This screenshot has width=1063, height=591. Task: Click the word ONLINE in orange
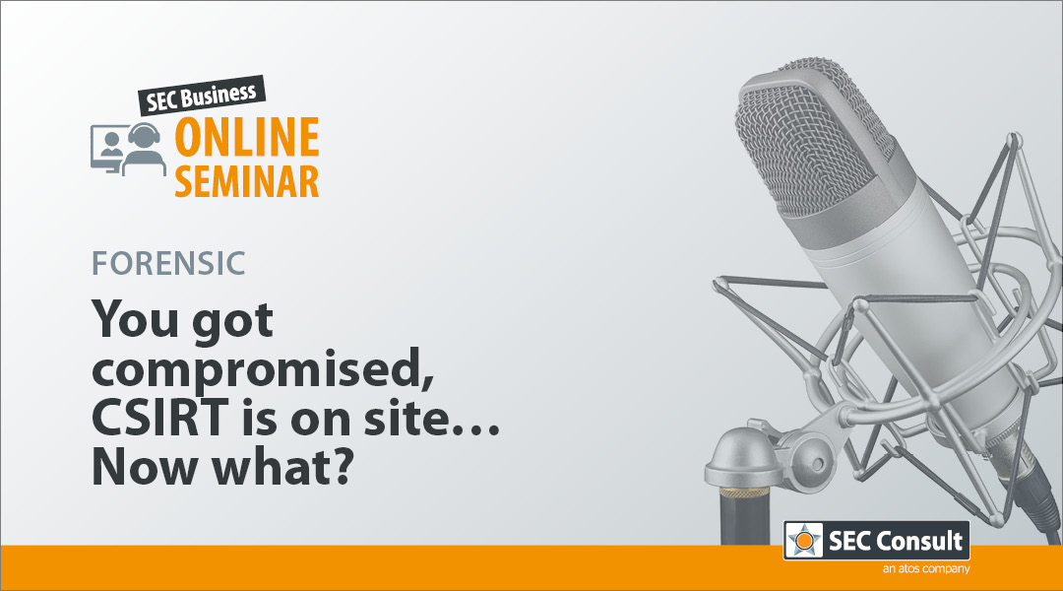pos(247,136)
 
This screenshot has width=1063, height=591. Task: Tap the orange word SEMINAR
pos(247,181)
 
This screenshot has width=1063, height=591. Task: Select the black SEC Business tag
pos(202,96)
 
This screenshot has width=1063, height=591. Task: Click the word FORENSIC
pos(168,264)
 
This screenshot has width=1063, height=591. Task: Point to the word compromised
pos(262,369)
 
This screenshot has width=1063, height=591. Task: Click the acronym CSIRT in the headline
pos(159,417)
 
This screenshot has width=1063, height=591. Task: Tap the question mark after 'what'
pos(342,467)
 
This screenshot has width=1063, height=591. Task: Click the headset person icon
pos(143,149)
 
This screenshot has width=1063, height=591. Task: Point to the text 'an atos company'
pos(926,568)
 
